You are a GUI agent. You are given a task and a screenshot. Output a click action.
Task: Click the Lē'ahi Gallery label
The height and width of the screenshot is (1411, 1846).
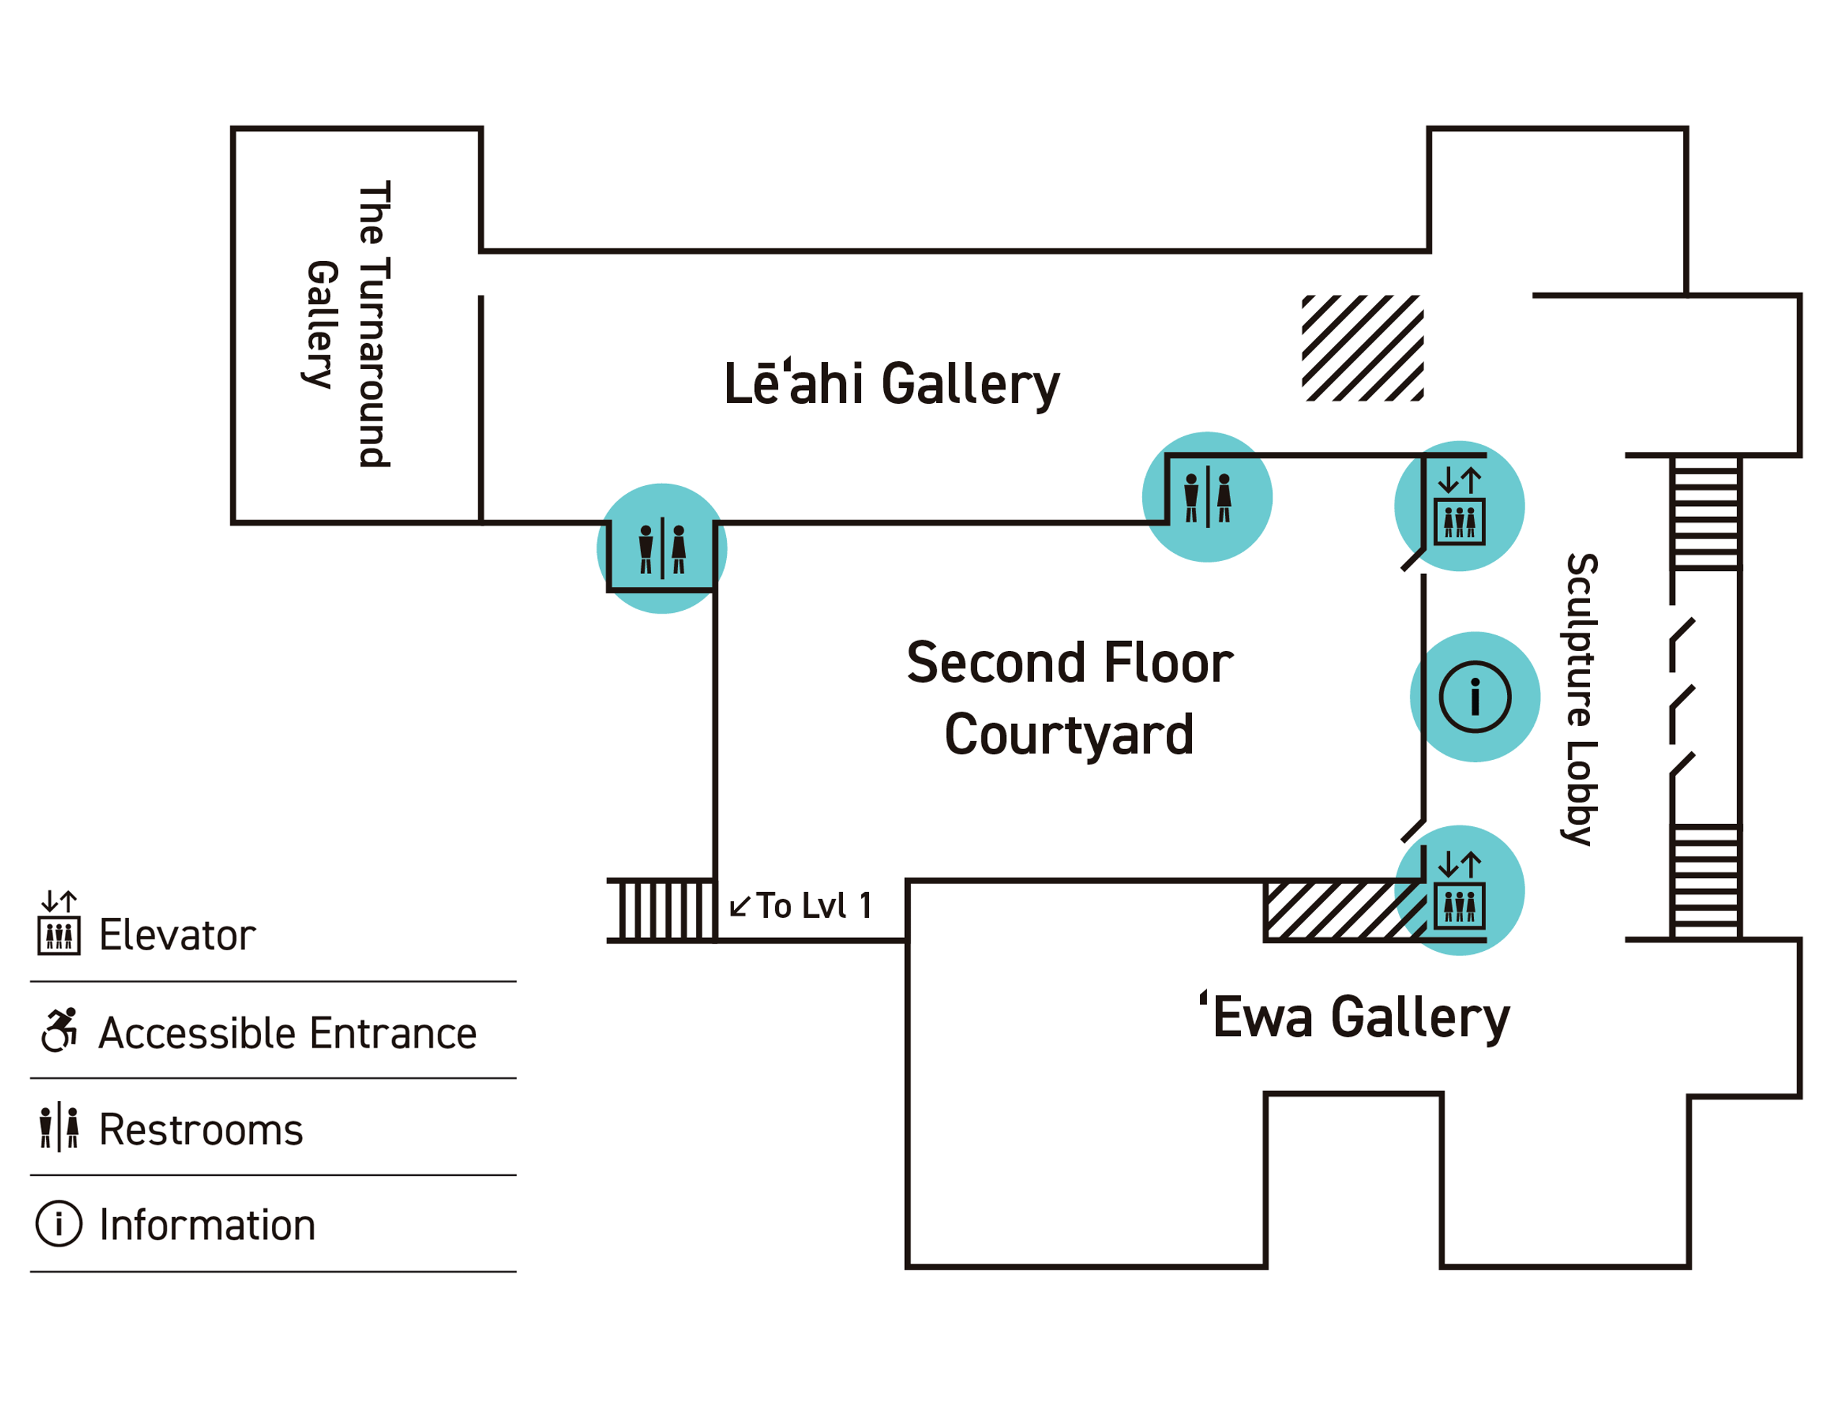[891, 384]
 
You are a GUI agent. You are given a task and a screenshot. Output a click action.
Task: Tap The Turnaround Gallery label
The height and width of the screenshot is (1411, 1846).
[347, 323]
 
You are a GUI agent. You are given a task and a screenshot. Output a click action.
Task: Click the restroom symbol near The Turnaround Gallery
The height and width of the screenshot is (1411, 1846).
[662, 549]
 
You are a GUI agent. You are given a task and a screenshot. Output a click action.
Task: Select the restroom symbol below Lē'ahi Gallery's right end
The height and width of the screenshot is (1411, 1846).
[1207, 497]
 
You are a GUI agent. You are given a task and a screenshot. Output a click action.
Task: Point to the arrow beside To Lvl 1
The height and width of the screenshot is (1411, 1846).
[740, 906]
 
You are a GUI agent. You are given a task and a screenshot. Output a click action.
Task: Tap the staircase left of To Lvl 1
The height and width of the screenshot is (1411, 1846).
[662, 911]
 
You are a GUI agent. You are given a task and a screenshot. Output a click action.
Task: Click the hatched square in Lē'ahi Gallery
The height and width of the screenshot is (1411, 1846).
[1361, 348]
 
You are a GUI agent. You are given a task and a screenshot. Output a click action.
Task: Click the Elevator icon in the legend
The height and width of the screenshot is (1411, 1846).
[59, 923]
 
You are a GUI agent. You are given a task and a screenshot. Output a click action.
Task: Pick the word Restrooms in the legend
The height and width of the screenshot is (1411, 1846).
[200, 1131]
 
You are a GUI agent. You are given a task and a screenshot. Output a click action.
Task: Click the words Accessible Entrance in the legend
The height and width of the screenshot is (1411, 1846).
[287, 1034]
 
